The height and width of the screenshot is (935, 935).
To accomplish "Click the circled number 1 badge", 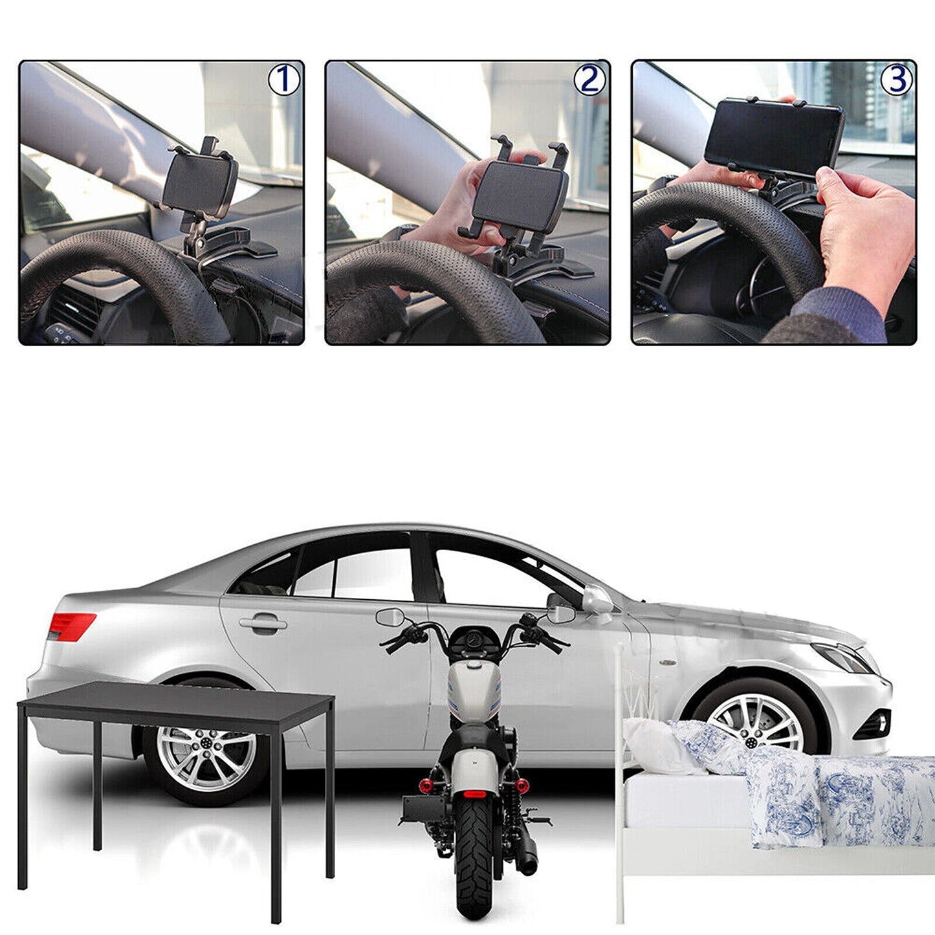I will coord(284,80).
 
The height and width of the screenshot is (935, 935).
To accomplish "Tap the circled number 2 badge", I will coord(589,80).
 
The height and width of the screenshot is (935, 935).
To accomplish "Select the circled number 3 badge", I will coord(896,80).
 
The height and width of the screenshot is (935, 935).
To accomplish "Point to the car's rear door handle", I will coord(263,624).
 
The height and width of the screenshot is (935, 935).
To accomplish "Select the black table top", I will coord(175,701).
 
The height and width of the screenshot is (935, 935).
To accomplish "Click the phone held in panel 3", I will coord(774,134).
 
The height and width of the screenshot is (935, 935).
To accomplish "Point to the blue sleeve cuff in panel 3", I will coord(841,314).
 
